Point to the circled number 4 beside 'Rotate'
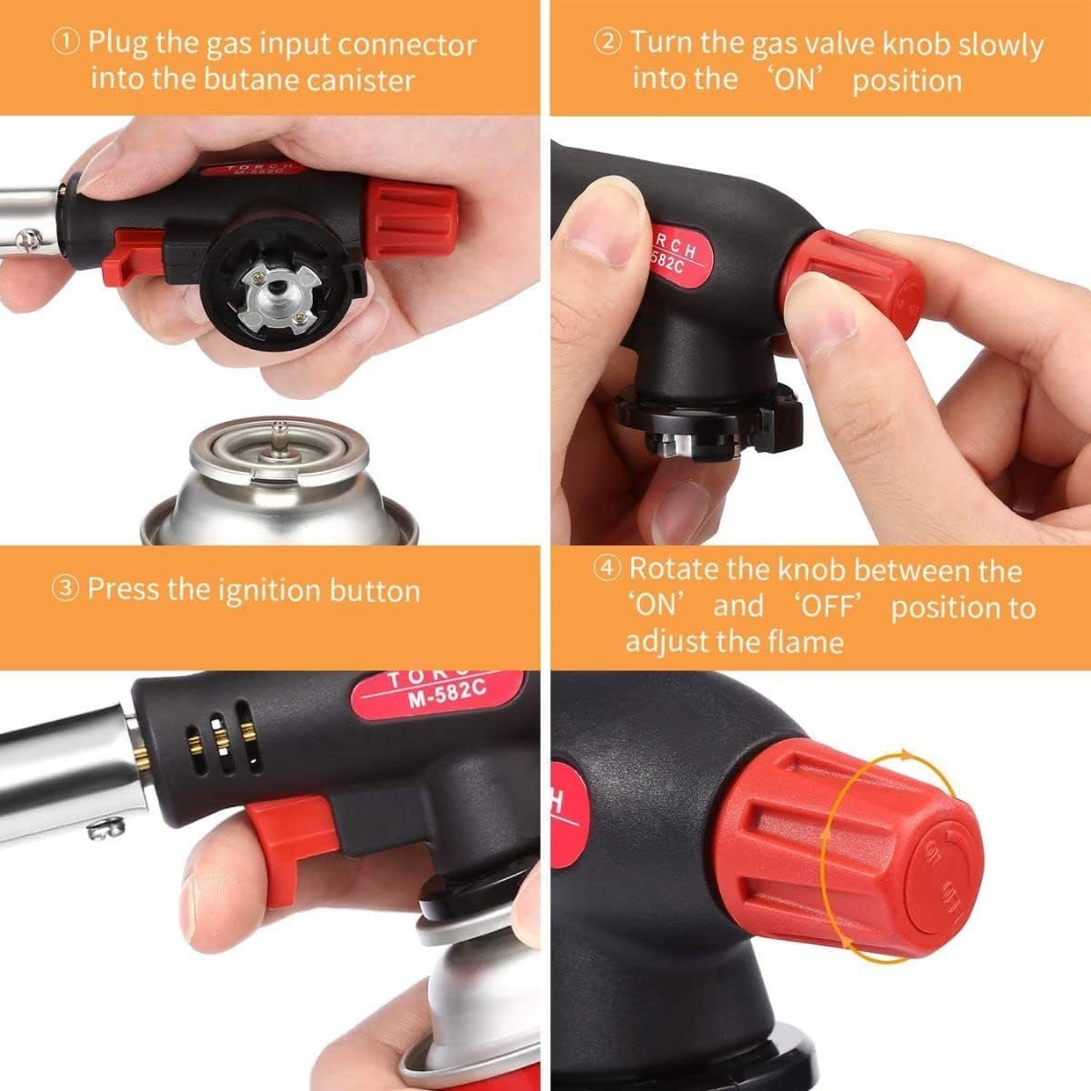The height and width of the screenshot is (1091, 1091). pyautogui.click(x=608, y=570)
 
